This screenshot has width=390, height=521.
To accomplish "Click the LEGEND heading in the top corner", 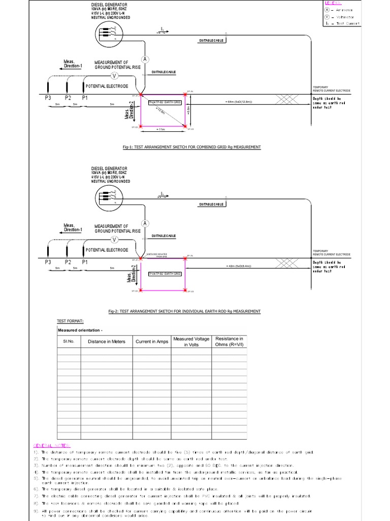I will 334,3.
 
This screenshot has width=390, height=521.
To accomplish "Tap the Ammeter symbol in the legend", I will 329,10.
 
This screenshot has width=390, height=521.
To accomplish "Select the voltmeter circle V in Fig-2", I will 115,240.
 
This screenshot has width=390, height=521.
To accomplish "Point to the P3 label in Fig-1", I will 48,97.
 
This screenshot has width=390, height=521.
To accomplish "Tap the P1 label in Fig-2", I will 85,262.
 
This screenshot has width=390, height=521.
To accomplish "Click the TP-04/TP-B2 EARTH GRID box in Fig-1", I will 165,102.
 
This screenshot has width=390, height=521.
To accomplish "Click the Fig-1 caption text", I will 192,147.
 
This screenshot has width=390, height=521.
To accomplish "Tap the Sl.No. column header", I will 69,341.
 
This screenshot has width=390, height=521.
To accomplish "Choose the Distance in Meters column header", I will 107,341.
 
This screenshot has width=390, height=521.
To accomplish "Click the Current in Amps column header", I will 151,341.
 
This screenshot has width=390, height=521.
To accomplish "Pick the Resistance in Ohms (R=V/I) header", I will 229,342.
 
